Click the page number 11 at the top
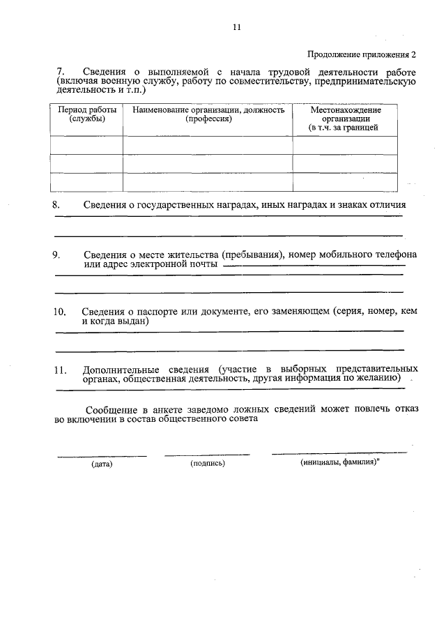(x=236, y=27)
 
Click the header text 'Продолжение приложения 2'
(x=362, y=54)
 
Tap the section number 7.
(x=59, y=73)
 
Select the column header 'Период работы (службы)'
(x=87, y=115)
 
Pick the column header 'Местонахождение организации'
(x=345, y=119)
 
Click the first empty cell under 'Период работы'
(x=87, y=145)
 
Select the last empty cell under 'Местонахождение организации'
(x=345, y=181)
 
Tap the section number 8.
(x=57, y=205)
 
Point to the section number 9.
(x=57, y=254)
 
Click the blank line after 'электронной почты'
(x=314, y=266)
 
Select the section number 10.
(x=60, y=311)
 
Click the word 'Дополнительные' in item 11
(x=116, y=368)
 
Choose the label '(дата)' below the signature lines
(x=102, y=464)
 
